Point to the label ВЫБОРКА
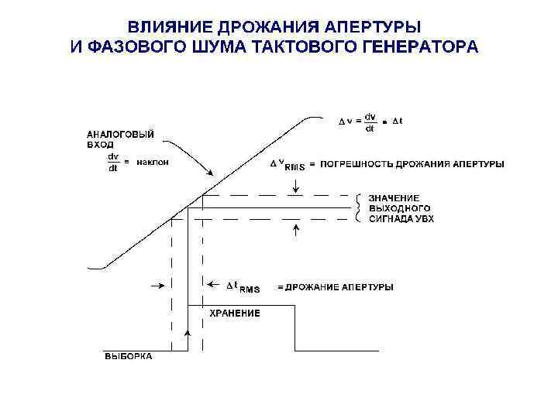point(129,356)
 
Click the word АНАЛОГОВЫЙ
point(119,133)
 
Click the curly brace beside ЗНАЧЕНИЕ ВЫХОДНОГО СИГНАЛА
point(357,207)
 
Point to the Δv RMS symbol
point(287,165)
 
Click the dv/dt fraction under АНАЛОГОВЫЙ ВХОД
point(114,163)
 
